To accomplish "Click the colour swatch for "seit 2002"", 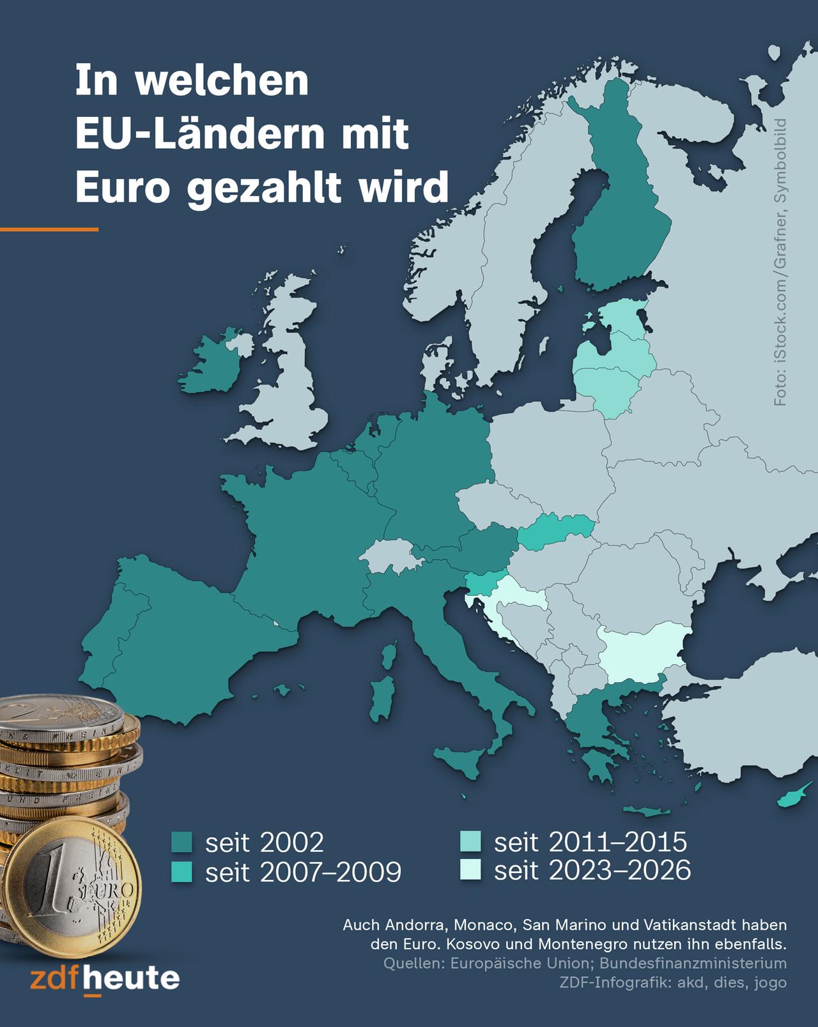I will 183,843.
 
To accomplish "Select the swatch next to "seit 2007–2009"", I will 183,872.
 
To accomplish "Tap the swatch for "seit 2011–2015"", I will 472,842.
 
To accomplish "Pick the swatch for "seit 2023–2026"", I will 472,870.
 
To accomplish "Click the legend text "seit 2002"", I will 264,843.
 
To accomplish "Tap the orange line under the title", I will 49,229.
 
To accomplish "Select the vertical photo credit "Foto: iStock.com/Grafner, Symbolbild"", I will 780,262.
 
